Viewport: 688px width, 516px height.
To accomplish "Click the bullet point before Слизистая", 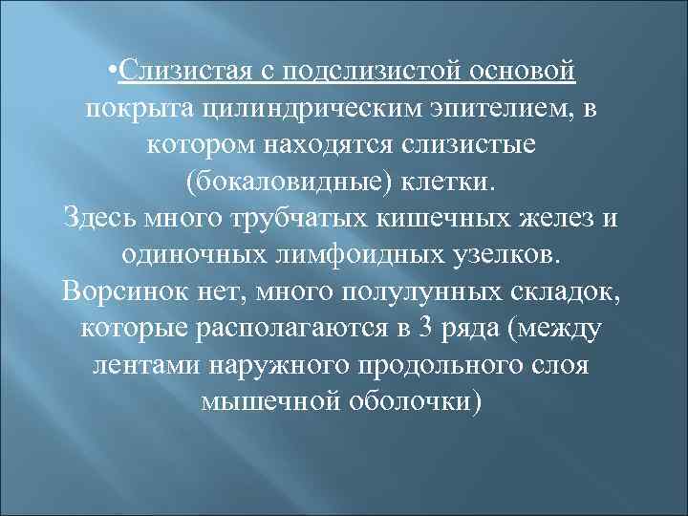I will (116, 73).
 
